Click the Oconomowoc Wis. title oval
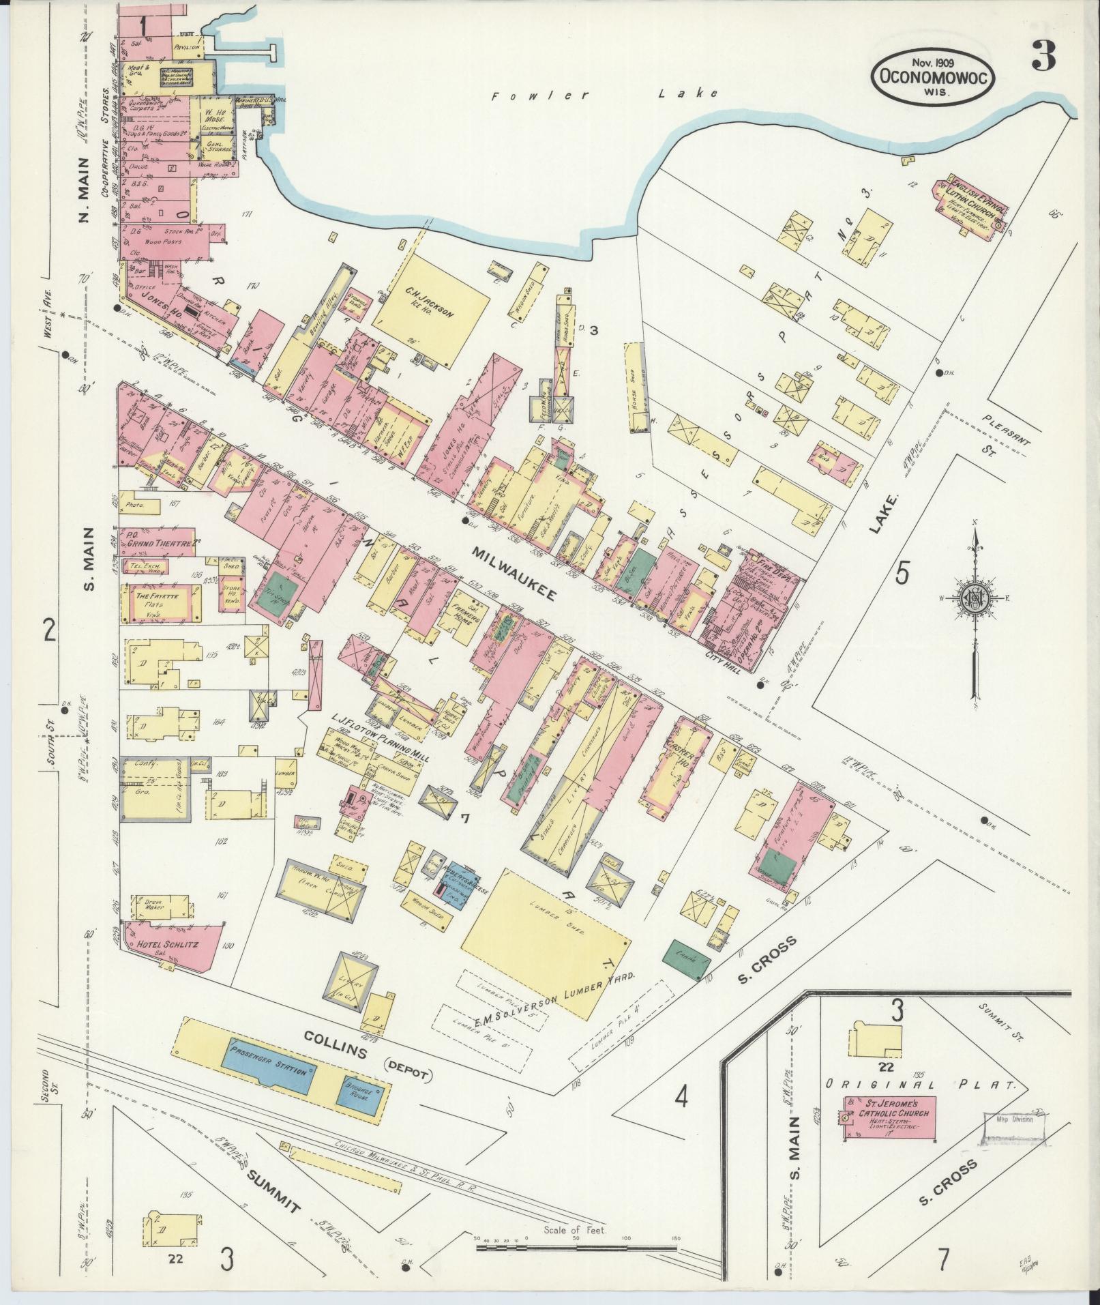(932, 79)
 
